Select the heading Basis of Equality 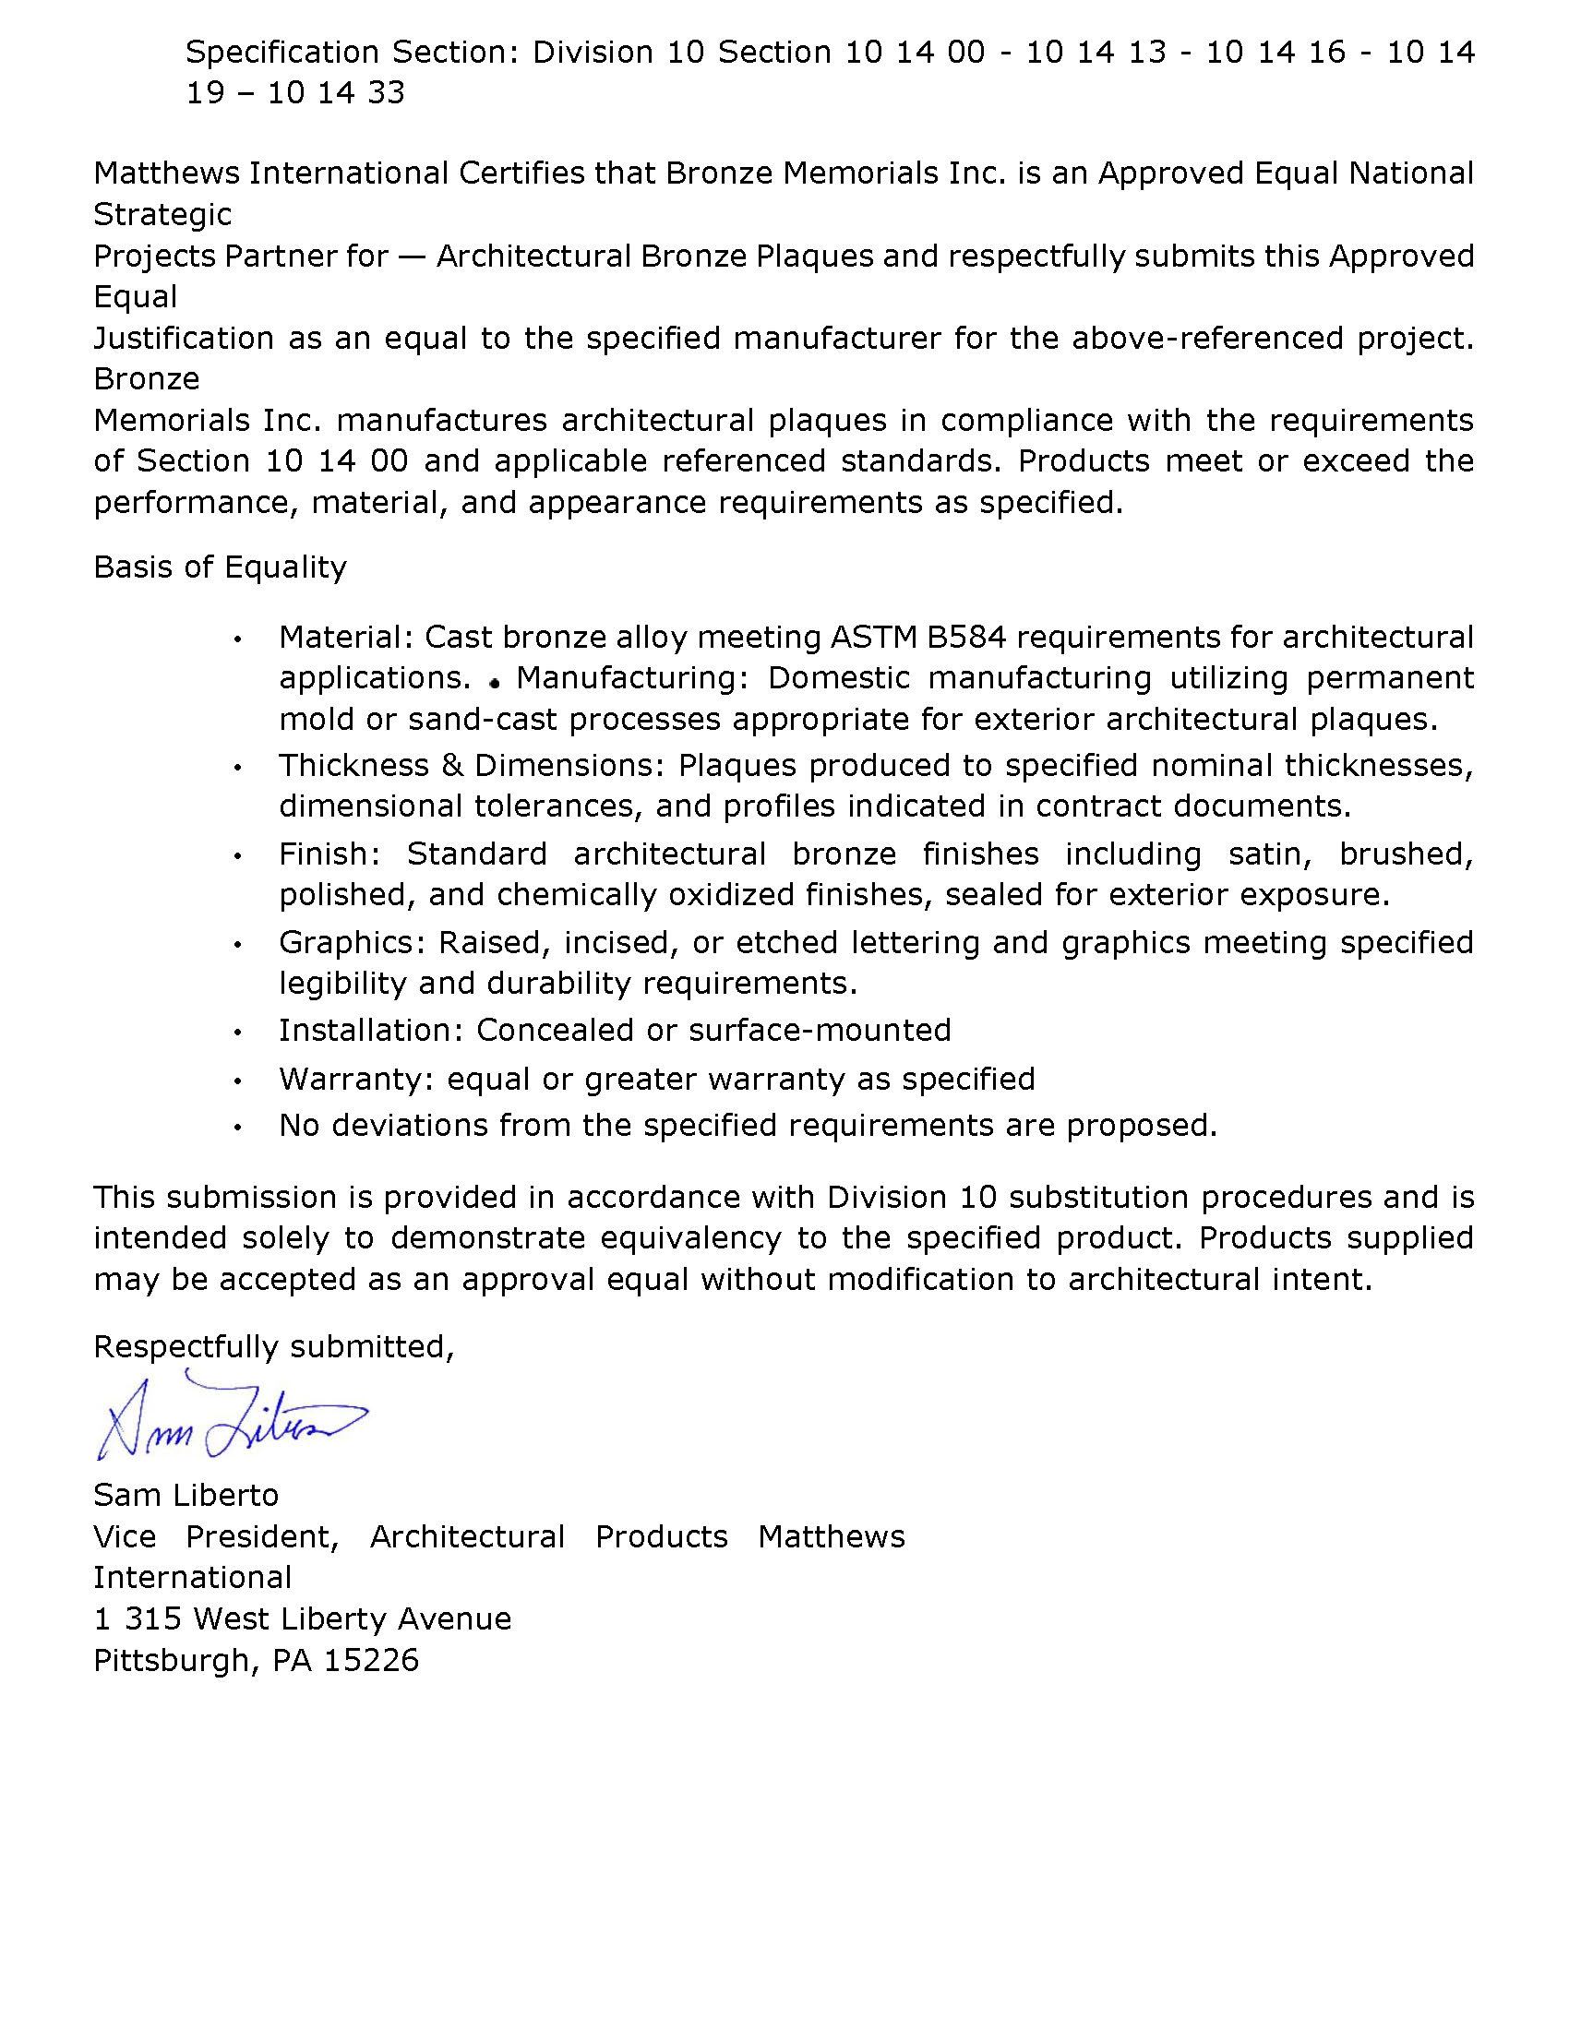coord(220,567)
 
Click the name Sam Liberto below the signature coord(186,1496)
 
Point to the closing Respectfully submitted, coord(273,1347)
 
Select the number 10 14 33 coord(337,94)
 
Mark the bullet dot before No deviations coord(239,1128)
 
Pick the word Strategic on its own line coord(162,215)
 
